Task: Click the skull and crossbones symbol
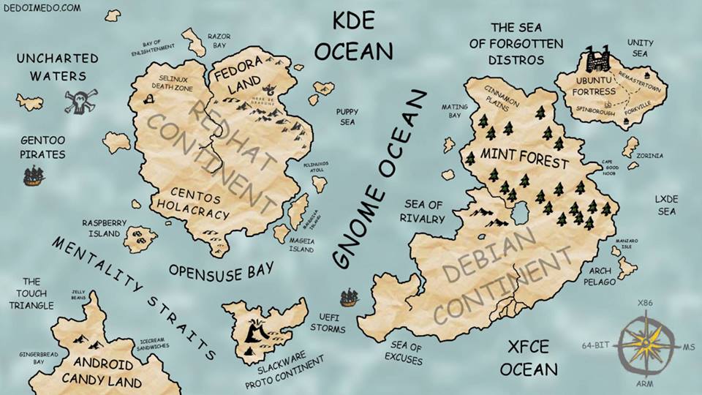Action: point(78,102)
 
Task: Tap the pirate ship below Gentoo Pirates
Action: point(34,176)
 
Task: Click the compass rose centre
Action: point(646,342)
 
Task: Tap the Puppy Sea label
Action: point(346,116)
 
